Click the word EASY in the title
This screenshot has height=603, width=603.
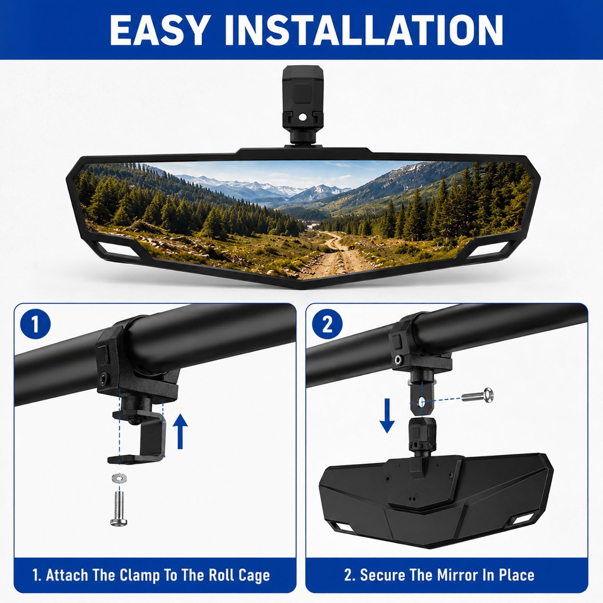click(159, 30)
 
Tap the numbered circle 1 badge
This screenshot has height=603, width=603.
click(35, 324)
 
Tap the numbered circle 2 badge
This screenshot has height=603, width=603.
click(327, 324)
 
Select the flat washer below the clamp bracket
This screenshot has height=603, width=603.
click(119, 479)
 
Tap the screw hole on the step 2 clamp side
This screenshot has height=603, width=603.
click(397, 360)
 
